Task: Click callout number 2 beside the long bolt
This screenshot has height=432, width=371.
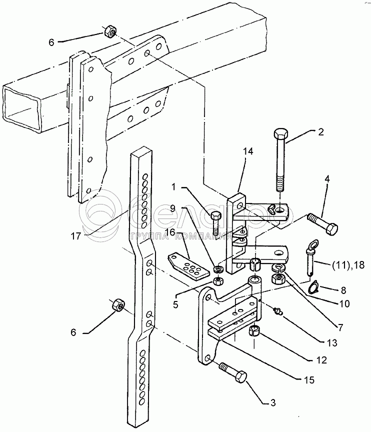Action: (x=320, y=132)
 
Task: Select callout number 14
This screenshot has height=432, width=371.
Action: (x=248, y=151)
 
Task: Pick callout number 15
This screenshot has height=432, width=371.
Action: (x=309, y=380)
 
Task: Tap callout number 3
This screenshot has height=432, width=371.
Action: (x=273, y=402)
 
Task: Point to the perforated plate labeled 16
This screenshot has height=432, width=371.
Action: (x=188, y=266)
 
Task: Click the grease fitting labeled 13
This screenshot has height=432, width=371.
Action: (x=278, y=311)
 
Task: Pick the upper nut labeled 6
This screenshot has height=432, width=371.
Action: (x=110, y=31)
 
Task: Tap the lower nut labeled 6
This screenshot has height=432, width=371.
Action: (x=118, y=304)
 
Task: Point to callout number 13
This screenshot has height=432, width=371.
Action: (x=332, y=343)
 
